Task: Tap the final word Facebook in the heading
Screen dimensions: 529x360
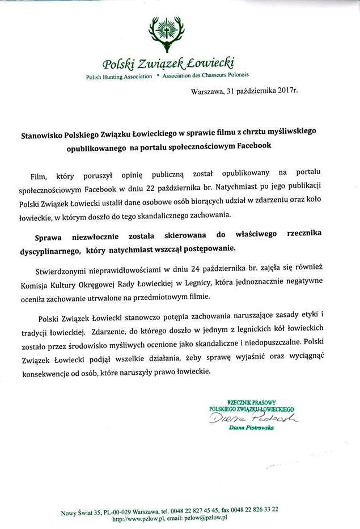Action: (252, 146)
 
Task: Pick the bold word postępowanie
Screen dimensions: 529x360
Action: (218, 248)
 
